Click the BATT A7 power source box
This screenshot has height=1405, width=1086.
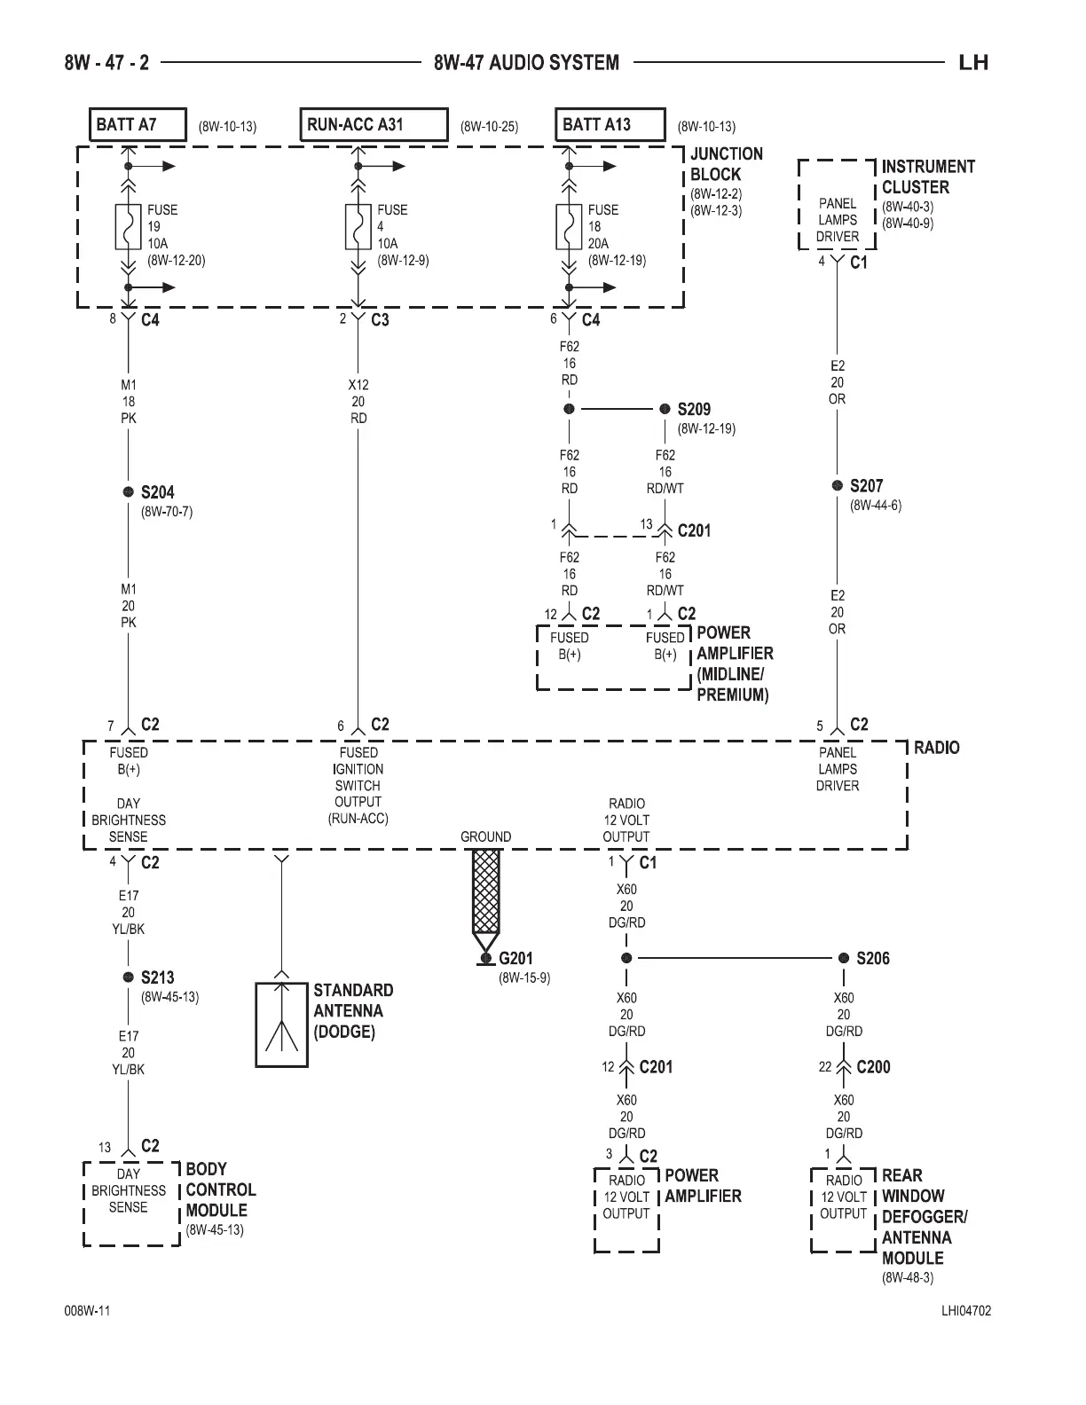[138, 125]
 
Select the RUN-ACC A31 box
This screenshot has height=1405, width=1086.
[374, 125]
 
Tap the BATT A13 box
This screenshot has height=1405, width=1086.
[610, 125]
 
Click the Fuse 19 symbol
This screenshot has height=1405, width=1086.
[129, 227]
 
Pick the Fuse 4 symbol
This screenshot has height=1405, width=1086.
[358, 227]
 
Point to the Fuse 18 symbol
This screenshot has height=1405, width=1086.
[569, 227]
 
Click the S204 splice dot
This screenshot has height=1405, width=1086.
[129, 492]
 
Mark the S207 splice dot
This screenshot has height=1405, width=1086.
[837, 486]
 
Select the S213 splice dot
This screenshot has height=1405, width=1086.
[129, 977]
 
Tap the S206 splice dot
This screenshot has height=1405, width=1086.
[844, 958]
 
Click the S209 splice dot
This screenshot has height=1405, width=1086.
[665, 409]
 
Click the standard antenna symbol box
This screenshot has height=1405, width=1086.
[281, 1024]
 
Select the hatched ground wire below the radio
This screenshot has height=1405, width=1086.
[485, 891]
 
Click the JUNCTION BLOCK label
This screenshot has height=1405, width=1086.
[726, 165]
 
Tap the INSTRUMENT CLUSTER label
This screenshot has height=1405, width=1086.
[927, 177]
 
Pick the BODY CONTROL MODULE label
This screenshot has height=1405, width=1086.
[220, 1189]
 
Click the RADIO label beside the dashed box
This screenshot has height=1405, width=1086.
[936, 748]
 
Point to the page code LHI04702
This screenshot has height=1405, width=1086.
[965, 1311]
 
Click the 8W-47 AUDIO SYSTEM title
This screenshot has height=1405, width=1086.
[527, 63]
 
